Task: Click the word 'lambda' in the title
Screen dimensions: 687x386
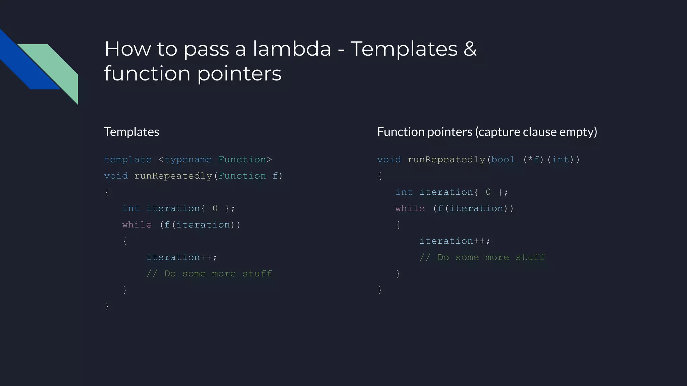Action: tap(292, 49)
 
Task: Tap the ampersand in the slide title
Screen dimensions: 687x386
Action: tap(470, 49)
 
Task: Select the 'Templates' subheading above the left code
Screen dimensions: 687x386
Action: tap(131, 132)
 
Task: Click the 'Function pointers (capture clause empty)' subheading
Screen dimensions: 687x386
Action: tap(487, 132)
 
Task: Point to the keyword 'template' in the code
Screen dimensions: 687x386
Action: tap(128, 159)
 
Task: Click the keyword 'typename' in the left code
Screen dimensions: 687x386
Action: tap(188, 159)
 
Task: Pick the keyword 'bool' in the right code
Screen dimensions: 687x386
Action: tap(503, 159)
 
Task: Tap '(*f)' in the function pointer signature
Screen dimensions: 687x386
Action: tap(533, 159)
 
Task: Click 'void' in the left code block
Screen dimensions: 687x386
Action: tap(116, 176)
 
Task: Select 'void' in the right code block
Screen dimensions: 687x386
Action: tap(389, 159)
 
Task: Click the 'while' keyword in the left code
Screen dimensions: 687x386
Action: tap(137, 224)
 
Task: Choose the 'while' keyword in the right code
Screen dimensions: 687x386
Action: tap(410, 208)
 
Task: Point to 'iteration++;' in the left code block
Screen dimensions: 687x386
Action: tap(181, 257)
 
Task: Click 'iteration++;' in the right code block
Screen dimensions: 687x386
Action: tap(455, 241)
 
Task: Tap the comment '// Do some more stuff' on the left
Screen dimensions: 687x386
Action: tap(209, 274)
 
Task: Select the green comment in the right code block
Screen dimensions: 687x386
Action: tap(482, 257)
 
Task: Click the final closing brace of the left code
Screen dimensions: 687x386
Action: tap(107, 306)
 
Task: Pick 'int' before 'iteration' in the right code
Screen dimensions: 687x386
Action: tap(404, 192)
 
